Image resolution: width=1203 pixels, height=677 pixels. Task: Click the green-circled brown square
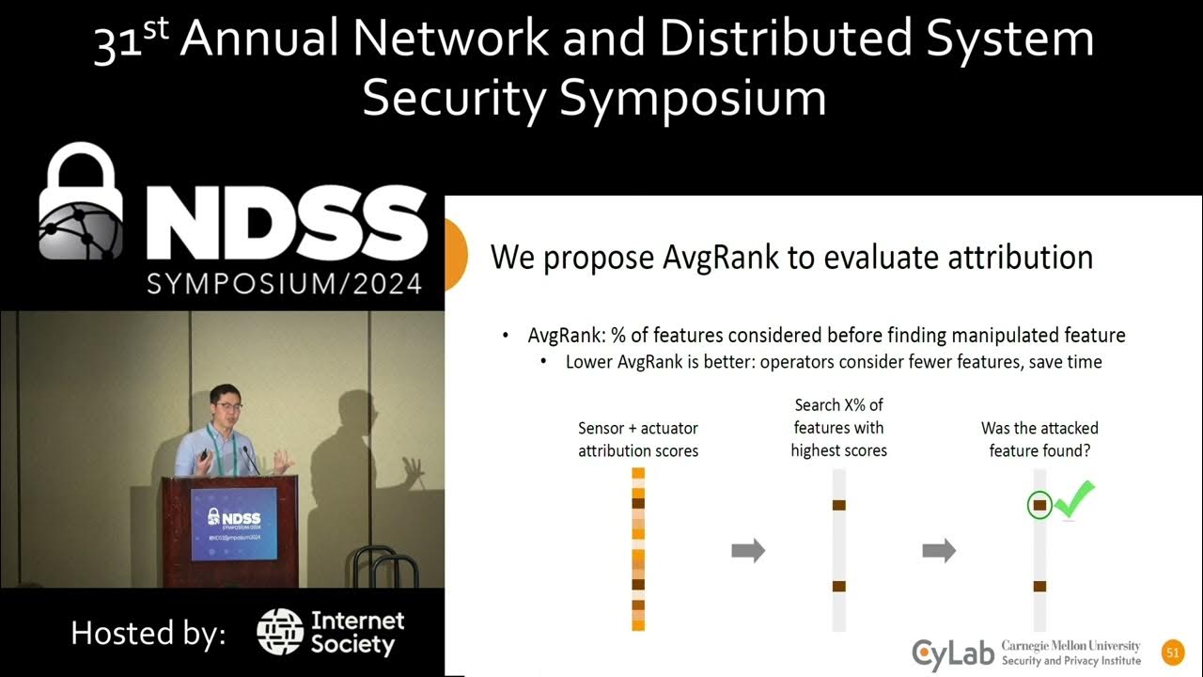pos(1039,506)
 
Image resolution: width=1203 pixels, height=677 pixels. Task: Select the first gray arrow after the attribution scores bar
pos(748,551)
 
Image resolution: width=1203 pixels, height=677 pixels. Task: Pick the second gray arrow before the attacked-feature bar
pos(939,551)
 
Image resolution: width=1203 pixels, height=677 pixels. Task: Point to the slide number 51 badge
pos(1171,653)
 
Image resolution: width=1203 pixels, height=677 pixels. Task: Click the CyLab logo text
pos(952,652)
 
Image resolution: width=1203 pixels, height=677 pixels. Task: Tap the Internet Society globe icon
pos(279,632)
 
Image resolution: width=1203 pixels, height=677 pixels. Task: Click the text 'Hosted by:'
pos(148,633)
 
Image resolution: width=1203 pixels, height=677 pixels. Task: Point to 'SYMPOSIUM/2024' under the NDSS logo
pos(284,282)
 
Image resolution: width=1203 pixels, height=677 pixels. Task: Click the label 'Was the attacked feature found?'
pos(1039,439)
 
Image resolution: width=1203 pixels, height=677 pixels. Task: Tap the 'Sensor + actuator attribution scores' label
pos(638,439)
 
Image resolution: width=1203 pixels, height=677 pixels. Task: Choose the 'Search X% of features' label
pos(838,428)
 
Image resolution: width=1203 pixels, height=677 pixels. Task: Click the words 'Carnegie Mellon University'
pos(1070,646)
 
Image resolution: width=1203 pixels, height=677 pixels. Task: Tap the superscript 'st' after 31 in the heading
pos(157,31)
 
